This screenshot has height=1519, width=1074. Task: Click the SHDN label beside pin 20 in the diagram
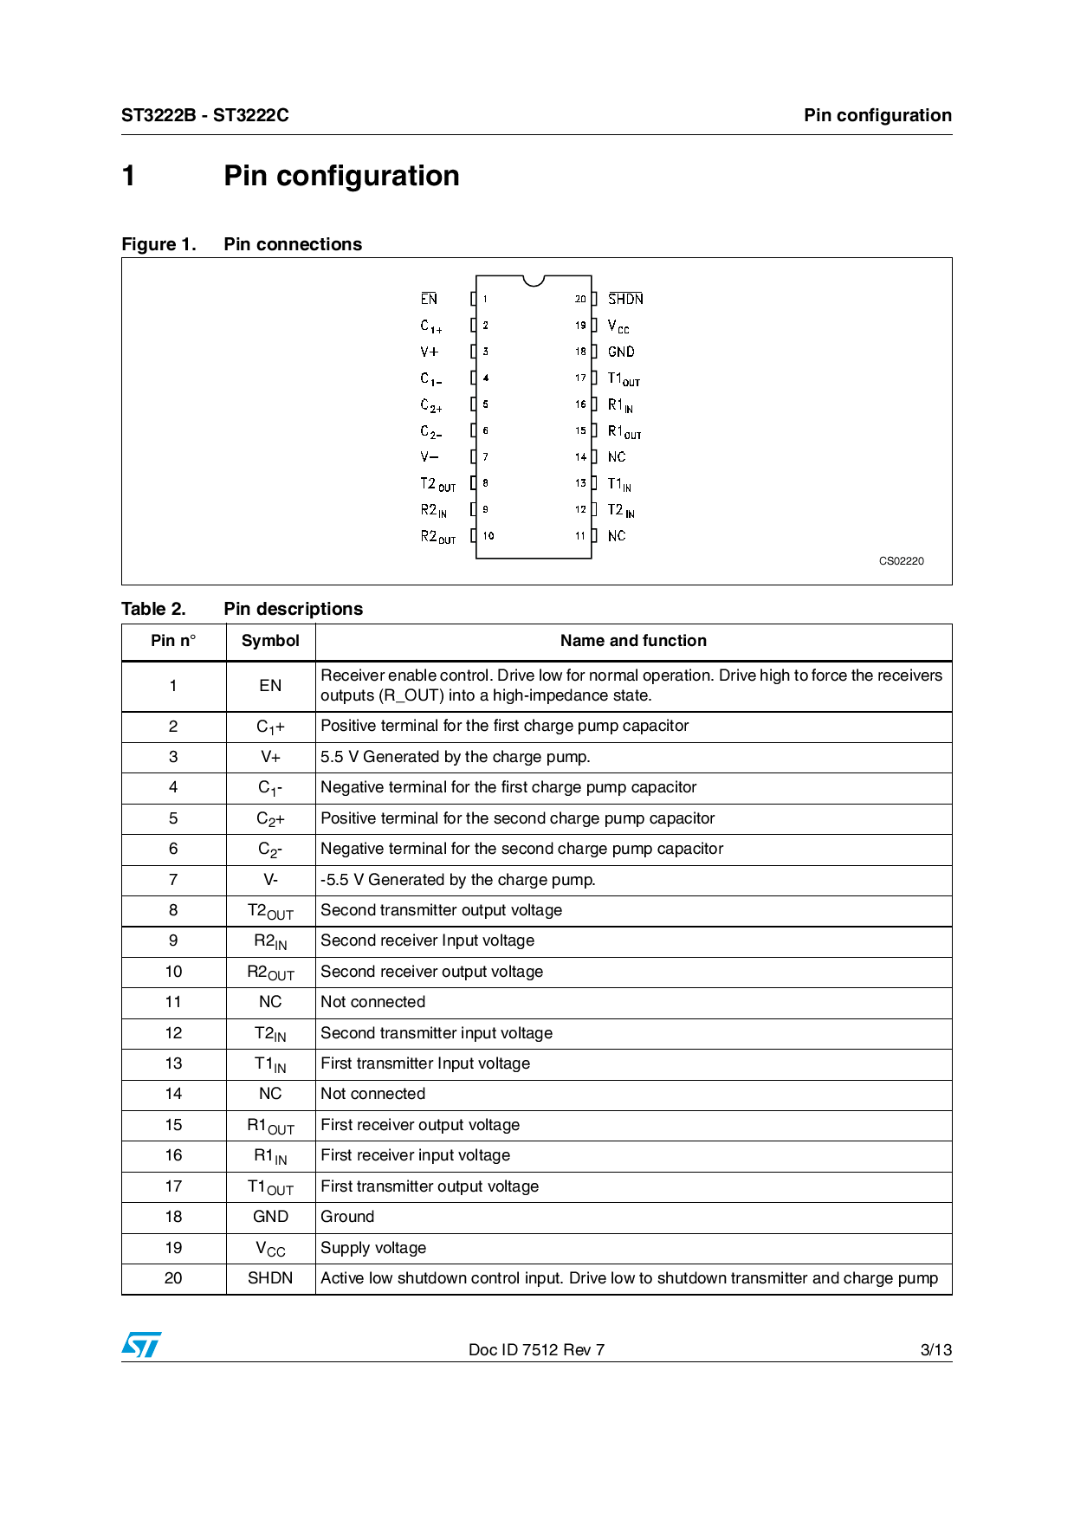click(625, 299)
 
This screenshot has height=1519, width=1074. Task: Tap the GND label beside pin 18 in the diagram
click(621, 352)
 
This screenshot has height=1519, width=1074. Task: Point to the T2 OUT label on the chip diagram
click(437, 484)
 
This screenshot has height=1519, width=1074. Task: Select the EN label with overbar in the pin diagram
click(429, 299)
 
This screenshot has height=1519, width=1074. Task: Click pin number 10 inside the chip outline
click(488, 536)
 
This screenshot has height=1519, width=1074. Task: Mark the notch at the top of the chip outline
click(534, 280)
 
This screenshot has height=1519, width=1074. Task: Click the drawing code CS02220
click(901, 561)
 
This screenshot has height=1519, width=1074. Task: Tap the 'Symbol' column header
click(270, 641)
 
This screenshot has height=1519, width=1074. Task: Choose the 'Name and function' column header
click(633, 641)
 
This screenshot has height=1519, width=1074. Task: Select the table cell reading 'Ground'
click(347, 1217)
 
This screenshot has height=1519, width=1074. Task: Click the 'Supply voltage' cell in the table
click(373, 1248)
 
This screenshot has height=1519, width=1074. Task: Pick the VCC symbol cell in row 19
click(270, 1249)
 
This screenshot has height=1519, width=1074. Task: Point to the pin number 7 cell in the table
click(173, 880)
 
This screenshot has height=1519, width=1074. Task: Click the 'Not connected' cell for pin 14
click(372, 1094)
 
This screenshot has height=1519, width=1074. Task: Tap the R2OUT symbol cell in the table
click(270, 973)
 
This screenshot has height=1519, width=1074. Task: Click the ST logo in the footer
click(141, 1345)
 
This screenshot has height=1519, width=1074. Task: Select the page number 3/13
click(935, 1350)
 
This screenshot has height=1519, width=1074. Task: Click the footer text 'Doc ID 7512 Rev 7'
click(536, 1350)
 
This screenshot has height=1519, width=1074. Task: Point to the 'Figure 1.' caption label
click(159, 244)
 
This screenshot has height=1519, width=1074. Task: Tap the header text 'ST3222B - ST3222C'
click(204, 115)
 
